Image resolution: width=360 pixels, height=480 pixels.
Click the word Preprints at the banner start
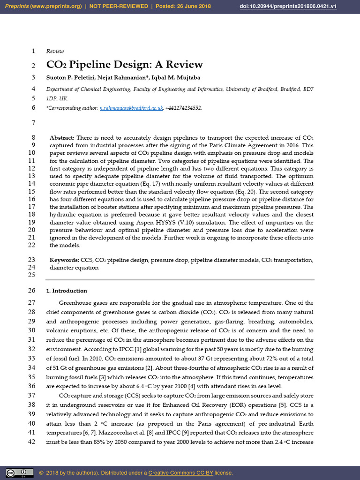coord(16,7)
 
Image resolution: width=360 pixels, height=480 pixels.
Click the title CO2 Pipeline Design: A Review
coord(124,65)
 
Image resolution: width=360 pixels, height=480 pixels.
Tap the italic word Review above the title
coord(55,51)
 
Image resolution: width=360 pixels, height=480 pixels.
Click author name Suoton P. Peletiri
coord(72,77)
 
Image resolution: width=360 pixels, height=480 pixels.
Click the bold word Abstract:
coord(62,138)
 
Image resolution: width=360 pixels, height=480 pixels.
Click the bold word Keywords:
coord(64,260)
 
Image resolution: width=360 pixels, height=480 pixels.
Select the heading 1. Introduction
coord(67,291)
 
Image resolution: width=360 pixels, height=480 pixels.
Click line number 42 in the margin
coord(32,442)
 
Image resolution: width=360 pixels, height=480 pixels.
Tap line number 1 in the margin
coord(33,51)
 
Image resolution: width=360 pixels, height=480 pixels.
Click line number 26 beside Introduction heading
coord(32,291)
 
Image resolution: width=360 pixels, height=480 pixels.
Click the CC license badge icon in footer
coord(19,472)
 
